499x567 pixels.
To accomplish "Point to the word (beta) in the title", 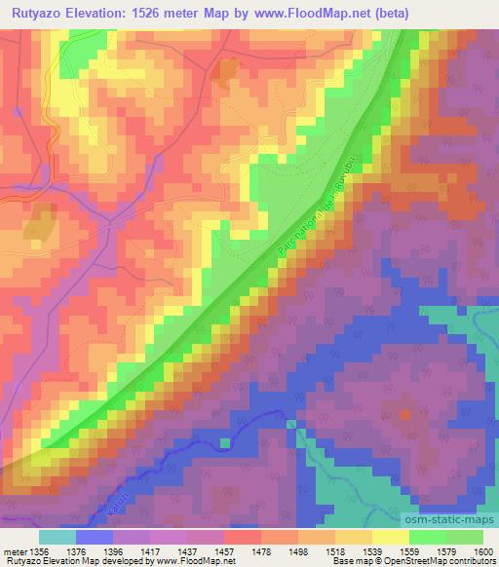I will coord(387,13).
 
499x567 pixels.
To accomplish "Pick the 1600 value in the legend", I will coord(483,551).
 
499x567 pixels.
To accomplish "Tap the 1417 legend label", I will coord(150,551).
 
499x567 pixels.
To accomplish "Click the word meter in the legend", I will coord(14,551).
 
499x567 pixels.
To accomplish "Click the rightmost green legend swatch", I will coord(465,537).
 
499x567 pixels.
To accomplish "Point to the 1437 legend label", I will coord(187,551).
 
